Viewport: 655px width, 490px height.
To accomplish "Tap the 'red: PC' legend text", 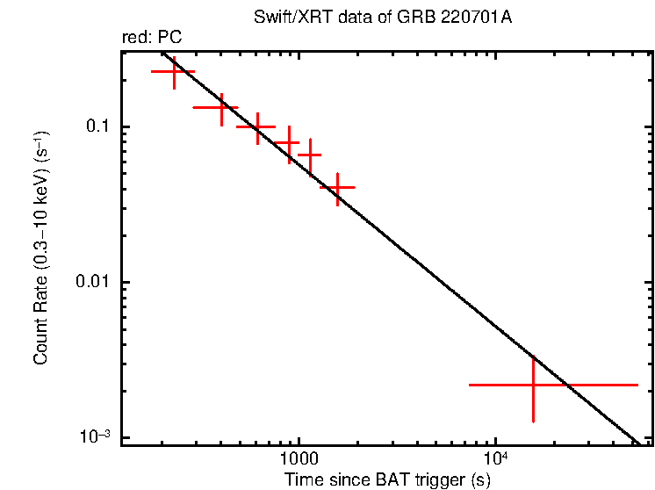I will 151,38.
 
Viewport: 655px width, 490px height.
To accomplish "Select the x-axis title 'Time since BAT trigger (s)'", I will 387,480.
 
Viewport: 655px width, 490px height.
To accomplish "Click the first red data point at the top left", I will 174,72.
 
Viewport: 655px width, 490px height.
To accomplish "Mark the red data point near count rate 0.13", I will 221,108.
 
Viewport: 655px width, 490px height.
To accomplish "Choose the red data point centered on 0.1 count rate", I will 257,126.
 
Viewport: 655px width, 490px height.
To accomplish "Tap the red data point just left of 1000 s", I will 289,141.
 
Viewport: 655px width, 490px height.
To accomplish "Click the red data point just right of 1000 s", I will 310,155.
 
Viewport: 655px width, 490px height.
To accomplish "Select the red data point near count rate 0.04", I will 337,187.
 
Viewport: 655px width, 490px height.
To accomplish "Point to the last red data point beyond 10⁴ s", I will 533,385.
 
